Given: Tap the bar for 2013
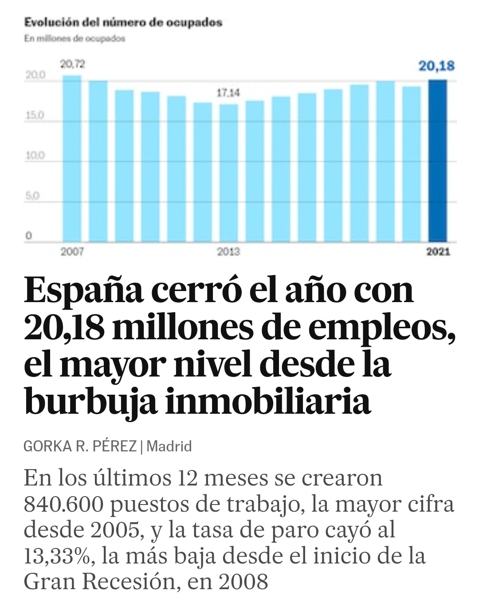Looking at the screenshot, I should [x=228, y=173].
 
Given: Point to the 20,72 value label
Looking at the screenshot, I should [x=72, y=65].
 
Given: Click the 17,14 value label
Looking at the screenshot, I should [x=228, y=93].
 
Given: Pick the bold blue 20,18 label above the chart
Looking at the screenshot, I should [x=436, y=66].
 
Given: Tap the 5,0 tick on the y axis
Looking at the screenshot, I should [x=32, y=196].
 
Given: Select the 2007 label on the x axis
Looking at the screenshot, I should [x=72, y=252].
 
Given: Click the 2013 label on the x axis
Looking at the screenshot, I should [x=228, y=252].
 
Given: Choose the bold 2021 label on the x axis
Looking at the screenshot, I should [x=438, y=252].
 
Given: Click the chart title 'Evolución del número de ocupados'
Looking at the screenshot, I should [x=123, y=22].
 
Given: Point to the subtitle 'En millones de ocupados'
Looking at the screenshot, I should [x=75, y=39].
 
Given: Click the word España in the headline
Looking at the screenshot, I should [x=84, y=290].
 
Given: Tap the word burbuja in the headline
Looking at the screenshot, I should [x=90, y=402].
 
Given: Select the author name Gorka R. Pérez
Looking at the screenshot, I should [x=80, y=446].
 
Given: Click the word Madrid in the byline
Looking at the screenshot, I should [x=169, y=446].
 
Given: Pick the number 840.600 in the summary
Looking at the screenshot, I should [x=63, y=504].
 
